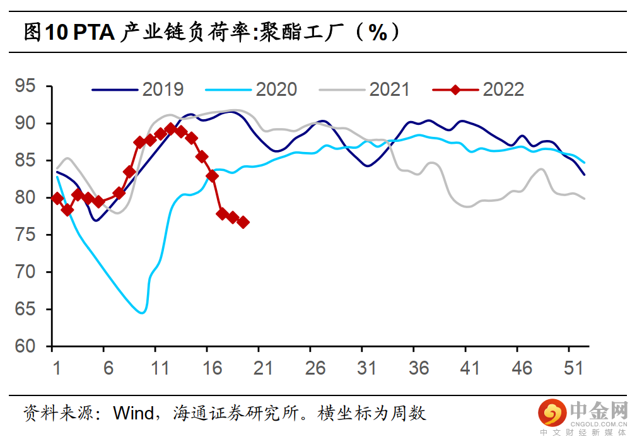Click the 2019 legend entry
139,90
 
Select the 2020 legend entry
252,90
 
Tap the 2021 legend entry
366,90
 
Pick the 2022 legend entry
479,90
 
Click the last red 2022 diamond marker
243,222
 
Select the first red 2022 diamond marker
57,199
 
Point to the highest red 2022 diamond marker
170,129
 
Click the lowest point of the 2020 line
143,312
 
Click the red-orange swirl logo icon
552,413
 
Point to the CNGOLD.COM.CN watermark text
599,423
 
